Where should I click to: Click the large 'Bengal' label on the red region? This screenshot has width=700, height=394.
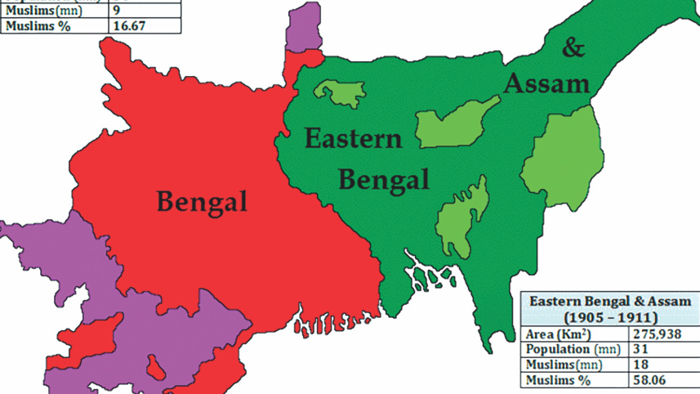[x=202, y=200]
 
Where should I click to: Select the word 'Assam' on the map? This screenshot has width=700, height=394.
[x=546, y=83]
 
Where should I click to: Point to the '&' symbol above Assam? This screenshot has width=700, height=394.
[x=574, y=47]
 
